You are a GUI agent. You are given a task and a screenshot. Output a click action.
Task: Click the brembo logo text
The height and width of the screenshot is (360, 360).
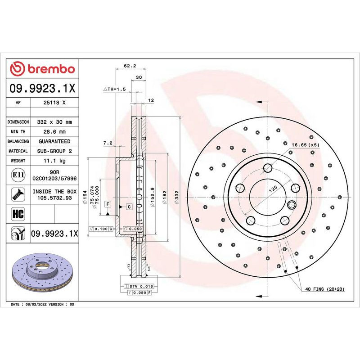tap(49, 69)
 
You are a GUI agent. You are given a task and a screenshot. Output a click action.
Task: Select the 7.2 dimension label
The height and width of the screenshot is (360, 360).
tap(108, 143)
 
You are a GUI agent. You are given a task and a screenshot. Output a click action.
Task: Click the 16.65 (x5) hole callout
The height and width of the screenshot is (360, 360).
tap(305, 145)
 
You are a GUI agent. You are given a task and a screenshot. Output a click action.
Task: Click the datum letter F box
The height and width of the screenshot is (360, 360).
tap(108, 204)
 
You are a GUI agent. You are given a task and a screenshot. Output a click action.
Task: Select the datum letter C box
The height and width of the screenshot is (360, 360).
tap(129, 207)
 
